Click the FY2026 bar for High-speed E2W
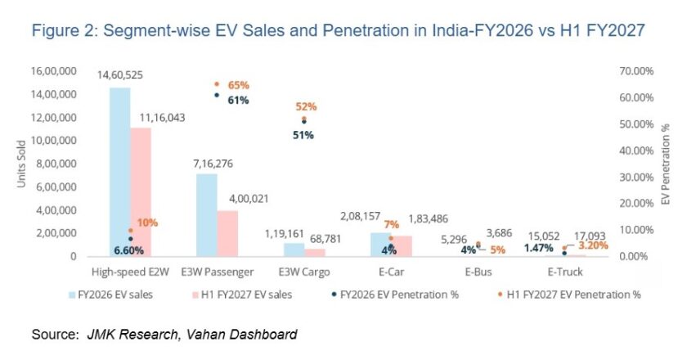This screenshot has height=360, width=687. click(x=119, y=172)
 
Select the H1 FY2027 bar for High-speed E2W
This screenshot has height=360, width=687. click(x=141, y=192)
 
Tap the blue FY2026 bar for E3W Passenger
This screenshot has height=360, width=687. click(x=207, y=215)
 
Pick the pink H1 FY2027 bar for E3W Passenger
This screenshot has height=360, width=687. click(x=227, y=233)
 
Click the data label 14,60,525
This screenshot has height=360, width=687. click(x=120, y=75)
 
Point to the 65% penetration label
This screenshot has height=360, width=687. click(x=238, y=85)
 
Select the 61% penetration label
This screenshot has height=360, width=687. click(x=238, y=101)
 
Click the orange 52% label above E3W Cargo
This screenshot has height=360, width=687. click(x=306, y=106)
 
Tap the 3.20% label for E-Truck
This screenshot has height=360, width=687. click(x=593, y=245)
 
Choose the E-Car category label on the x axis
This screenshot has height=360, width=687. click(x=391, y=272)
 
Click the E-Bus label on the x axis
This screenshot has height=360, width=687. click(x=478, y=272)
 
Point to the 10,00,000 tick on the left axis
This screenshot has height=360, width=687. click(x=53, y=140)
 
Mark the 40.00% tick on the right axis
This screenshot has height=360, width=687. click(x=636, y=151)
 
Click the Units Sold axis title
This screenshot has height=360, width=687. click(x=21, y=164)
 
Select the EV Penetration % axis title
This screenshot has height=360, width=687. click(x=666, y=164)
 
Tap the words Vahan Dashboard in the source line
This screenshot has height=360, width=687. click(x=241, y=335)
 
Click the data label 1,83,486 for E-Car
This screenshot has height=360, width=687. click(x=428, y=218)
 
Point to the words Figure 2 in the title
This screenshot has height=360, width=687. click(x=64, y=31)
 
